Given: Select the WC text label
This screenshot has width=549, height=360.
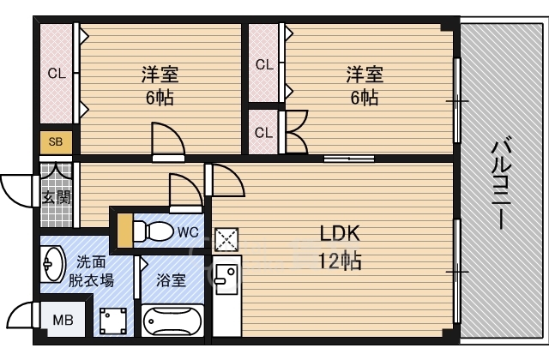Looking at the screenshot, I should [188, 231].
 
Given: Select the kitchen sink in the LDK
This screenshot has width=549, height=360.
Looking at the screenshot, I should [227, 277].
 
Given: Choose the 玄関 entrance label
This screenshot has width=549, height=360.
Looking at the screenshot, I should [55, 198].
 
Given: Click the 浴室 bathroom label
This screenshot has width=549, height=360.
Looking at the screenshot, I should [170, 279].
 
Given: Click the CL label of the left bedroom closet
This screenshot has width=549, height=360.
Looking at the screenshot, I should [57, 74].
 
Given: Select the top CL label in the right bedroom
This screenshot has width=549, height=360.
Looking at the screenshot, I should [264, 64].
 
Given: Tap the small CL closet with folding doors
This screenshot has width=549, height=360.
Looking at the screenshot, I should [264, 132].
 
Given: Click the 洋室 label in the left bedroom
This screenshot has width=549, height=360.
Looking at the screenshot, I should [160, 74].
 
